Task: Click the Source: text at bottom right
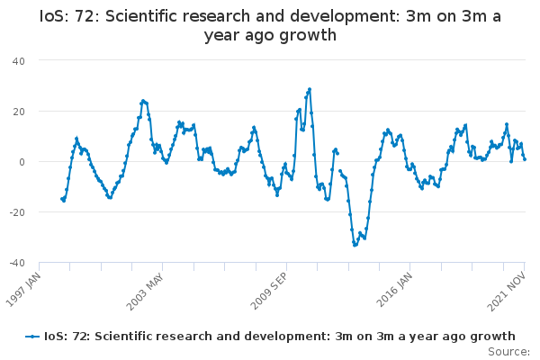508,350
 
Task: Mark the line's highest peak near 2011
310,89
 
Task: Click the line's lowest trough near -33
355,245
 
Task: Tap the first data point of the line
62,199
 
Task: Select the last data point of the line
525,159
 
